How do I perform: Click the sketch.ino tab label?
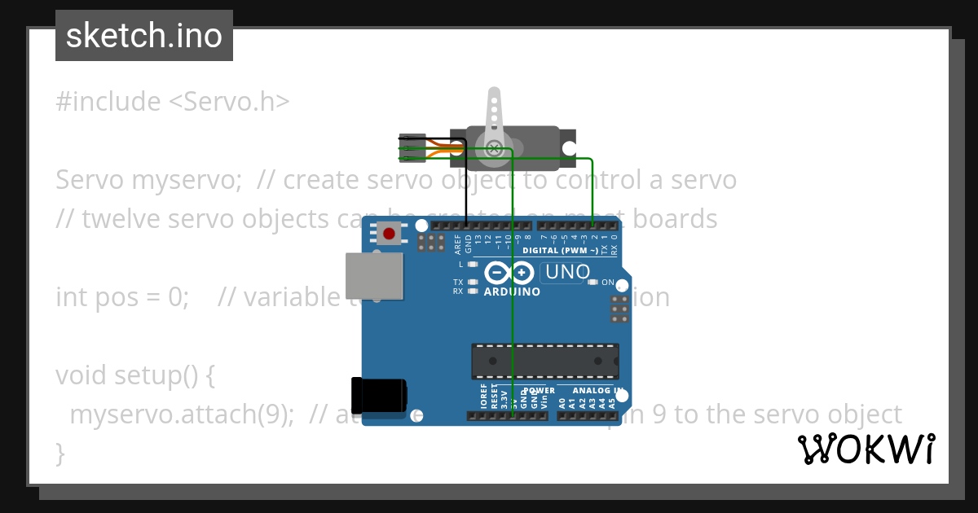coord(144,36)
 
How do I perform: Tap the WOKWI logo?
coord(866,449)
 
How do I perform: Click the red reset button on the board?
coord(389,235)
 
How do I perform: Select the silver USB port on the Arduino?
coord(374,275)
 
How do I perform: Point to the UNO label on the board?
coord(567,272)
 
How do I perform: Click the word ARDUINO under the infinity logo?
coord(512,292)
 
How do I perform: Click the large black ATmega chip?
coord(544,362)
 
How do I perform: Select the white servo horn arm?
coord(493,119)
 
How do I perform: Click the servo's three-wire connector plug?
coord(412,147)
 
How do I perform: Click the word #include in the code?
coord(108,102)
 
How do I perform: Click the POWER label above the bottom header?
coord(539,391)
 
